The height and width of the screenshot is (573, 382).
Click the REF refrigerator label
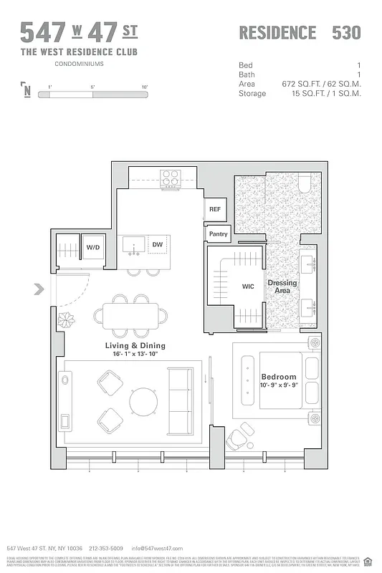click(214, 209)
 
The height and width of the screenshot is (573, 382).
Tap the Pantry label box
click(218, 234)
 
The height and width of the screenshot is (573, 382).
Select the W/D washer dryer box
click(93, 247)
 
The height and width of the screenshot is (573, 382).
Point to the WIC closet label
click(248, 286)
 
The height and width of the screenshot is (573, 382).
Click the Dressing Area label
click(282, 287)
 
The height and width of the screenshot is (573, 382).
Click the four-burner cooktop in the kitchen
click(170, 178)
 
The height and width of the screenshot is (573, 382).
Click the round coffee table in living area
click(145, 402)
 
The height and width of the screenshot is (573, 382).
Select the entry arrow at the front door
click(39, 290)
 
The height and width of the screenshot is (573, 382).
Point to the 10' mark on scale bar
click(144, 87)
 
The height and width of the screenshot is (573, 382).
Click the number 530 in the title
click(346, 32)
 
